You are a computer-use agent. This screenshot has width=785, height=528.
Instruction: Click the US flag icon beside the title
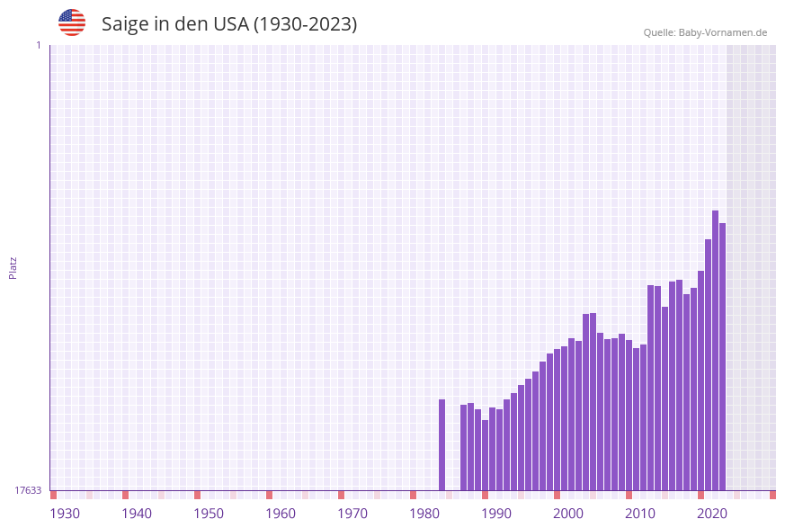coord(72,22)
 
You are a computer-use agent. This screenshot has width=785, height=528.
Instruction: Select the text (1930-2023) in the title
coord(306,24)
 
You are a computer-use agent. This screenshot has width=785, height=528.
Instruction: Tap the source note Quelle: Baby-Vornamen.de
coord(705,32)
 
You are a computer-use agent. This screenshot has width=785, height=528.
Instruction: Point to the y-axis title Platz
coord(13,267)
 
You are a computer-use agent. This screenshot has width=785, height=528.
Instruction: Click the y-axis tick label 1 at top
coord(38,45)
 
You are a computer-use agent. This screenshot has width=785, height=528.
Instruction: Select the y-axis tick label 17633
coord(28,490)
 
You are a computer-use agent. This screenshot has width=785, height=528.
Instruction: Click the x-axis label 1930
coord(65,513)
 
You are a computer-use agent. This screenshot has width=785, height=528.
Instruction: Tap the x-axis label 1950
coord(209,513)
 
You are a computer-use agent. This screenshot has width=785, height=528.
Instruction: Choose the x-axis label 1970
coord(352,513)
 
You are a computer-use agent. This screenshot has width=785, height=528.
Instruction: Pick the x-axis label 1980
coord(424,513)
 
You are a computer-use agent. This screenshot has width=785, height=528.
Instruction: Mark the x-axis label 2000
coord(568,513)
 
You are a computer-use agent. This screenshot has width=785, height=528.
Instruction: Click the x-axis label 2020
coord(712,513)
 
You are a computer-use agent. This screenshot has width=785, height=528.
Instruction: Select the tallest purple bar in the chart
coord(715,351)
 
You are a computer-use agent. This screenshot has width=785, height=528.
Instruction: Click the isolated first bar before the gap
coord(442,445)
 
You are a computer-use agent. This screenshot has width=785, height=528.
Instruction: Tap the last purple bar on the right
coord(722,356)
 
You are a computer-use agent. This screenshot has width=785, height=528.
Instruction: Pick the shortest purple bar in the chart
coord(485,455)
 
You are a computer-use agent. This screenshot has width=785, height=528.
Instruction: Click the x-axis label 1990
coord(496,513)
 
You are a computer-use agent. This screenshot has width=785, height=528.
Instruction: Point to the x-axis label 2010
coord(640,513)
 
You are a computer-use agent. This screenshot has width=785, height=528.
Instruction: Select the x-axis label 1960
coord(281,513)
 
